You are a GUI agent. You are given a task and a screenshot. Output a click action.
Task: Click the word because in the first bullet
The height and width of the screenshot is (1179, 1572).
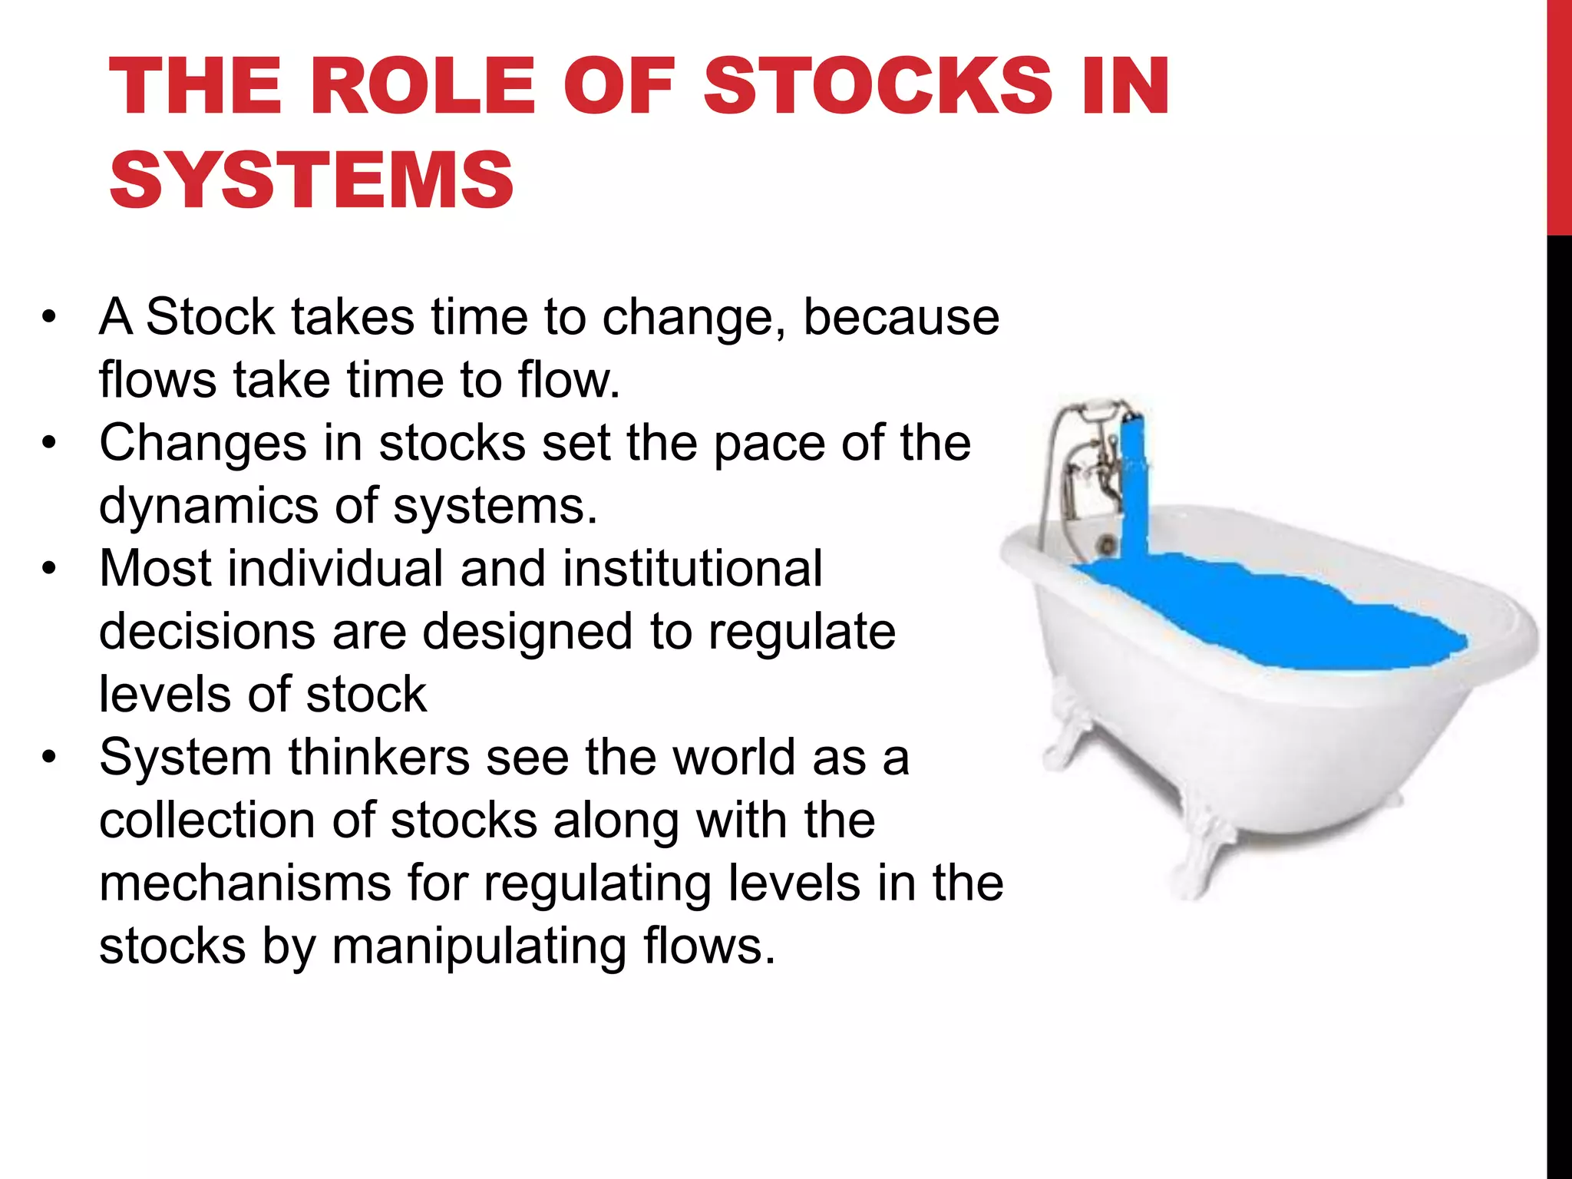point(901,316)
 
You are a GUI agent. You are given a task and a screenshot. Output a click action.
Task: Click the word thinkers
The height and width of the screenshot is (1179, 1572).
point(379,757)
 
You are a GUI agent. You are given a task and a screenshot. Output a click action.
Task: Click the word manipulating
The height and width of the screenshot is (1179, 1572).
point(480,946)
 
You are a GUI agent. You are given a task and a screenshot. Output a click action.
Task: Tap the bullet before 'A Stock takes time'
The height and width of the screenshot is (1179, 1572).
point(50,318)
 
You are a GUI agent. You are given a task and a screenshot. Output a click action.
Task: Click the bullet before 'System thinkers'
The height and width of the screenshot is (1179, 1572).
point(50,758)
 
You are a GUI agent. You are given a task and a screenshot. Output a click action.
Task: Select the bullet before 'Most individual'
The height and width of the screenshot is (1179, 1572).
point(50,570)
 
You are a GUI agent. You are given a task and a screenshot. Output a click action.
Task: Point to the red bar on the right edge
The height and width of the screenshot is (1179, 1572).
point(1559,115)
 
